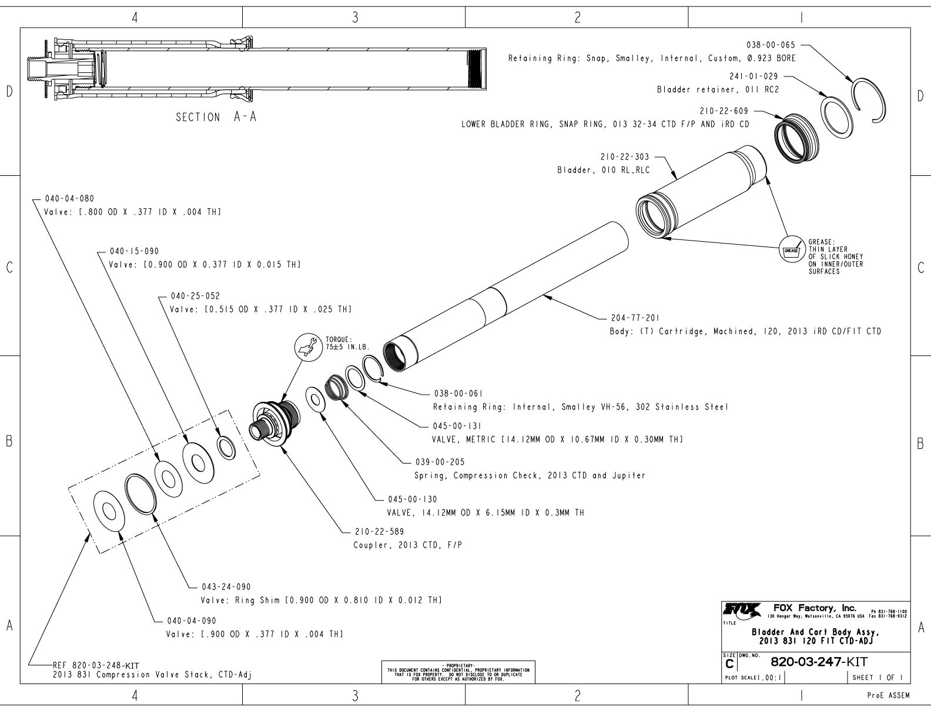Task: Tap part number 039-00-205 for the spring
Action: (440, 462)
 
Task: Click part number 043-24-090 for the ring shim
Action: (226, 586)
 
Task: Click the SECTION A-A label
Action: (216, 117)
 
